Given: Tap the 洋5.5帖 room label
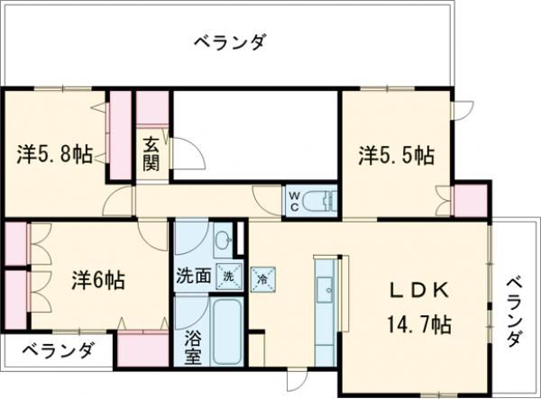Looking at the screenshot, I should [396, 155].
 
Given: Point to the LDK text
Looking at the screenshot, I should [418, 292].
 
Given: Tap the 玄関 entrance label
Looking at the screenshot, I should [151, 156].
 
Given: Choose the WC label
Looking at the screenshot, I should [295, 200].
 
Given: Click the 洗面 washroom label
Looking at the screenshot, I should [194, 277].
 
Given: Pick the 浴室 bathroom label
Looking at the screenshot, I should [192, 349].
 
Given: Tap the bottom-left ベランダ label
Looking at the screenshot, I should [56, 350].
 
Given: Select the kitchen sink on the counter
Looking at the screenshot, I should [326, 289].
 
